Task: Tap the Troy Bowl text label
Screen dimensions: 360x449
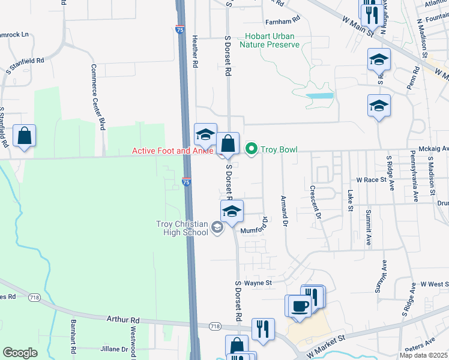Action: click(x=279, y=149)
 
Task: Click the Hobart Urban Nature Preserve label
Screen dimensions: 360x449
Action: click(x=269, y=40)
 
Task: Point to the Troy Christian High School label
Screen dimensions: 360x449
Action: click(x=182, y=229)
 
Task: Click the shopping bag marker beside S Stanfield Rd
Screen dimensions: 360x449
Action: click(x=25, y=137)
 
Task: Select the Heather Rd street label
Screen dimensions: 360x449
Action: click(x=195, y=50)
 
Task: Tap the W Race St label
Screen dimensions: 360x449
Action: click(x=370, y=179)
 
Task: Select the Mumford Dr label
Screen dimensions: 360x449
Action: click(x=255, y=226)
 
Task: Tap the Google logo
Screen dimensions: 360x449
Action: click(x=20, y=353)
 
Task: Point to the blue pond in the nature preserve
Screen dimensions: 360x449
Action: click(x=319, y=95)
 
